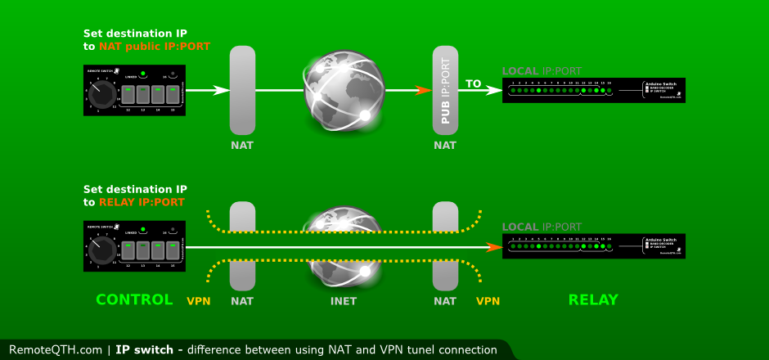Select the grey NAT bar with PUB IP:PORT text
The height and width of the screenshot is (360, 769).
pyautogui.click(x=445, y=90)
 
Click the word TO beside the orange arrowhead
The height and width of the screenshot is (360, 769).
pyautogui.click(x=474, y=83)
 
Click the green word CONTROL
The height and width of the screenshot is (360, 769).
pyautogui.click(x=134, y=299)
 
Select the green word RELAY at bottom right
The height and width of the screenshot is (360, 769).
pyautogui.click(x=593, y=299)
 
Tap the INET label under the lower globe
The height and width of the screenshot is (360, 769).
pyautogui.click(x=344, y=301)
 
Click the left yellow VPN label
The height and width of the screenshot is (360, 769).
pyautogui.click(x=199, y=301)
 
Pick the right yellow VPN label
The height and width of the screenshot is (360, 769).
pyautogui.click(x=488, y=301)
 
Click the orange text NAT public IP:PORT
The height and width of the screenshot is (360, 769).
pyautogui.click(x=154, y=47)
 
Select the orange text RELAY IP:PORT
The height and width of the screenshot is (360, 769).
pyautogui.click(x=141, y=202)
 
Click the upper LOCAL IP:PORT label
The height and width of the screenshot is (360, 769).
pyautogui.click(x=542, y=71)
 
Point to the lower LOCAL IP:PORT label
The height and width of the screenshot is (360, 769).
pyautogui.click(x=542, y=227)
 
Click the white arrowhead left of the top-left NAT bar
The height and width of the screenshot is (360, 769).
pyautogui.click(x=218, y=91)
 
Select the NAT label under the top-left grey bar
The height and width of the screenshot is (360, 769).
pyautogui.click(x=242, y=146)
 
